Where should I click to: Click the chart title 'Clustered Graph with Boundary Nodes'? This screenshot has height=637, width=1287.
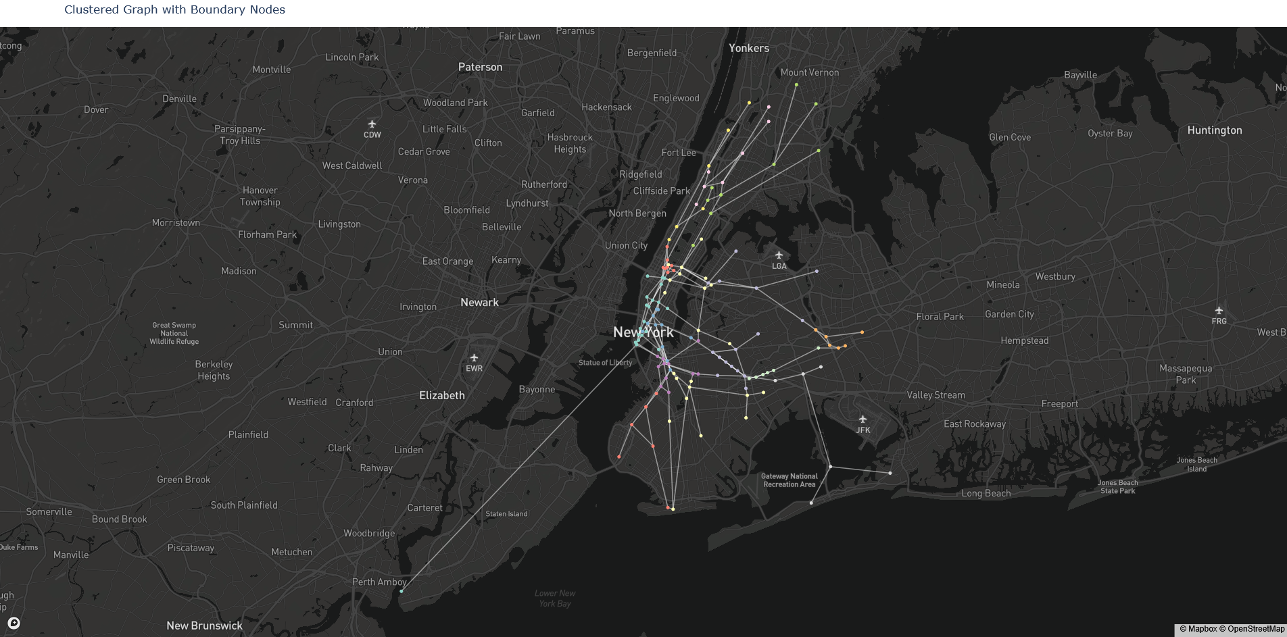(x=174, y=9)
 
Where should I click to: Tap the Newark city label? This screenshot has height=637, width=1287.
(x=479, y=303)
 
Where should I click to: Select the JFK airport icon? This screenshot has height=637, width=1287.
(x=863, y=419)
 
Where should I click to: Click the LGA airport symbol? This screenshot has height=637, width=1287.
(x=779, y=255)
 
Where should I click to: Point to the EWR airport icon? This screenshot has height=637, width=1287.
(x=474, y=358)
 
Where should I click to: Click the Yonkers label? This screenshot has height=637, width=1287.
(x=748, y=48)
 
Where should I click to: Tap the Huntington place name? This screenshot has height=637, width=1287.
(x=1214, y=130)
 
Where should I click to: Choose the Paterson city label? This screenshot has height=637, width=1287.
(x=480, y=67)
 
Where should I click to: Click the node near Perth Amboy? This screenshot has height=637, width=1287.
(x=402, y=591)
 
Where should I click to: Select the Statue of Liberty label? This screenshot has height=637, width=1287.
(x=605, y=363)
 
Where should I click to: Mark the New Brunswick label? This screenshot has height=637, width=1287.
(x=204, y=626)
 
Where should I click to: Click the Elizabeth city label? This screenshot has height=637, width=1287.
(x=441, y=395)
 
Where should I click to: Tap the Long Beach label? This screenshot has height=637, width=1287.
(x=986, y=493)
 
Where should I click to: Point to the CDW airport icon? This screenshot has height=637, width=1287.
(x=372, y=124)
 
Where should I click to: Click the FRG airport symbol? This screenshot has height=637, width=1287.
(x=1219, y=311)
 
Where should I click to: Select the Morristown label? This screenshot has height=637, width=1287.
(x=176, y=223)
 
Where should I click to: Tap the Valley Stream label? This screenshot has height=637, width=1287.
(x=936, y=395)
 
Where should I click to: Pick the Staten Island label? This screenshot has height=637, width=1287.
(x=506, y=514)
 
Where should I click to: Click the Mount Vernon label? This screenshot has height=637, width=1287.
(x=809, y=72)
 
